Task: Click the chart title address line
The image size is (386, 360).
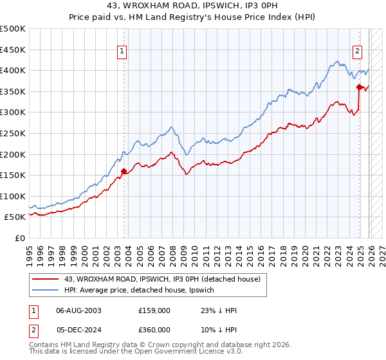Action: (x=193, y=6)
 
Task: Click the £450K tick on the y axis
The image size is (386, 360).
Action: (x=13, y=50)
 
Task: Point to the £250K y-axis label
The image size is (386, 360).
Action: (x=13, y=133)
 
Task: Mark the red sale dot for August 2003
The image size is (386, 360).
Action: (x=124, y=171)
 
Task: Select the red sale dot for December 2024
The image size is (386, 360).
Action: (x=358, y=87)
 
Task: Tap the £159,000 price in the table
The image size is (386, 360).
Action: (x=154, y=310)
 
